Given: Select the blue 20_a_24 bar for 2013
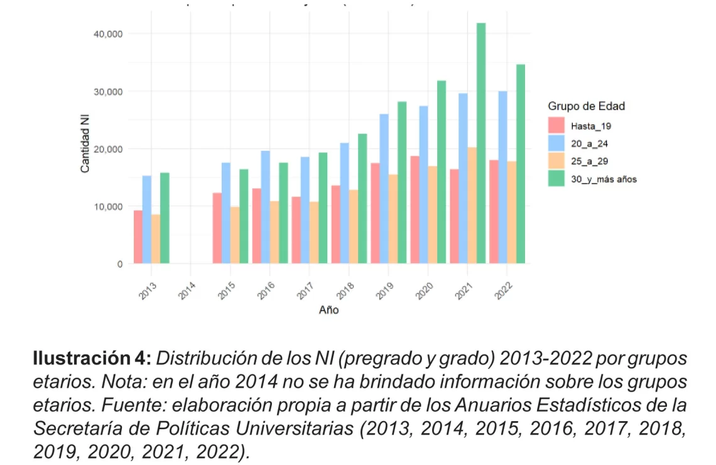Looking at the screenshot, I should tap(146, 220).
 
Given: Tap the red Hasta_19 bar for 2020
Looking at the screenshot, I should tap(415, 210).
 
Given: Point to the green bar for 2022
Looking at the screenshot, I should tap(521, 164).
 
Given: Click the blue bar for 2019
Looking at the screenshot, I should tap(384, 188).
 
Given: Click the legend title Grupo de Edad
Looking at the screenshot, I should tap(586, 106).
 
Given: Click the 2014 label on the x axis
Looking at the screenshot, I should tap(188, 291).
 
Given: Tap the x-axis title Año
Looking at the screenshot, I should tap(328, 310).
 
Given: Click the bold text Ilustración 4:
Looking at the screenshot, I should tap(92, 360).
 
